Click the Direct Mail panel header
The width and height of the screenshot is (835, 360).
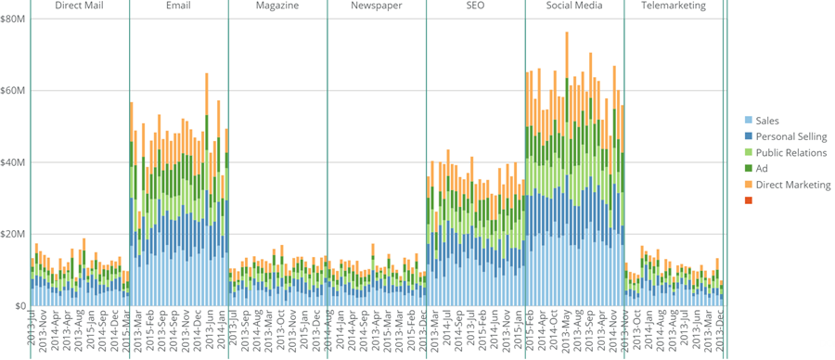[x=79, y=6]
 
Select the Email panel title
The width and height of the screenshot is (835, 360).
[x=178, y=6]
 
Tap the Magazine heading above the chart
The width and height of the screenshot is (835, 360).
[x=276, y=6]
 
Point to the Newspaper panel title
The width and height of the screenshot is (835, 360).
[x=376, y=6]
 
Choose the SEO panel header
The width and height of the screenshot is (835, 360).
[x=475, y=6]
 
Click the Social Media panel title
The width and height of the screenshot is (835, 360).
[x=574, y=6]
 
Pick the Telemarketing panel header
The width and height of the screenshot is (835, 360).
[x=674, y=6]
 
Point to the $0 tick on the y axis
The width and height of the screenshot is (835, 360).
[x=19, y=306]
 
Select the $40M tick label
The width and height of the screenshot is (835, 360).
[x=13, y=162]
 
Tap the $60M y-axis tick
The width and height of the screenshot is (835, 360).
[x=13, y=91]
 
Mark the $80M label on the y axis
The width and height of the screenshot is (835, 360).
[x=13, y=19]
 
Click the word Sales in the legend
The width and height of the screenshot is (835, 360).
[x=767, y=121]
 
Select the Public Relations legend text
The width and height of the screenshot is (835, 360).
[x=790, y=153]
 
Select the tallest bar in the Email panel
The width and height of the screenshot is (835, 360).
[x=207, y=186]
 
